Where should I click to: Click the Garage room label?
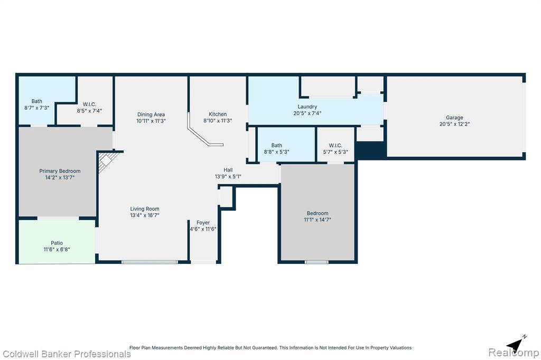point(454,118)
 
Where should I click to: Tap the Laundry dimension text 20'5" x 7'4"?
point(307,113)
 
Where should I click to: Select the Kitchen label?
point(218,114)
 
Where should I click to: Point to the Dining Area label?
point(151,115)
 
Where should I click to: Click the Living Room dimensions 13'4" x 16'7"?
point(145,215)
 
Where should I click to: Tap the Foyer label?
point(203,223)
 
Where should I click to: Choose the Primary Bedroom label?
point(60,171)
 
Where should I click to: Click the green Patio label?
point(57,243)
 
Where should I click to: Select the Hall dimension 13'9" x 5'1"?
point(228,176)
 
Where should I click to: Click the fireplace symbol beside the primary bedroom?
point(107,162)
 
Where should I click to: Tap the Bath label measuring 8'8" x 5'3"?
point(277,146)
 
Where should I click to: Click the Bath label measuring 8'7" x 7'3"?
point(37,101)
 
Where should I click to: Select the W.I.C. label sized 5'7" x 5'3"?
point(335,146)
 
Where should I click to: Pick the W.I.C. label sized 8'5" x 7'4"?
point(89,105)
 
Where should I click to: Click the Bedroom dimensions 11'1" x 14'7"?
point(318,220)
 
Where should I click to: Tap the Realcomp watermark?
point(514,353)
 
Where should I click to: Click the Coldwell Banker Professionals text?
point(67,354)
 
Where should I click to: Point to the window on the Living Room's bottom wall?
point(150,262)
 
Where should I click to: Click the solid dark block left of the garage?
point(370,150)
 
